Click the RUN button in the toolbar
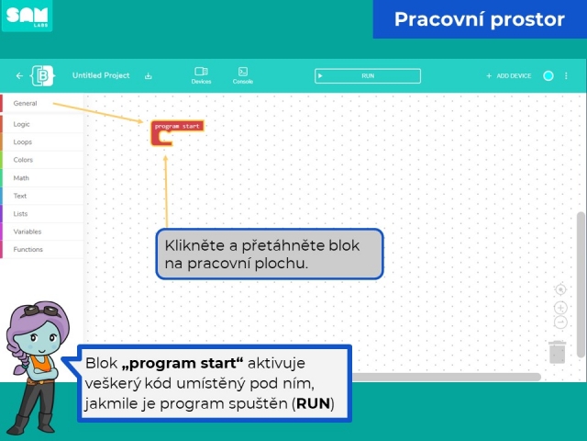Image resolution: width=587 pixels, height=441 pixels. (368, 75)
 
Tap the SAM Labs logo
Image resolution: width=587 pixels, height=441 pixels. (27, 16)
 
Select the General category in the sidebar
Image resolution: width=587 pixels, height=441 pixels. (25, 103)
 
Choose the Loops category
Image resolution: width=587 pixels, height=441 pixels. (22, 142)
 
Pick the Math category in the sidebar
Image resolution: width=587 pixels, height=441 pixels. (21, 177)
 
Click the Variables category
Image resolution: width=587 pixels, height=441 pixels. (28, 232)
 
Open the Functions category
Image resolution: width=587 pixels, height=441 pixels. (28, 249)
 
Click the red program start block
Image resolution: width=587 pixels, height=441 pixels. (177, 127)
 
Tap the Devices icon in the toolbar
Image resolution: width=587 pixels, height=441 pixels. (201, 75)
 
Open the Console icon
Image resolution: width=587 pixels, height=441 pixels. (242, 75)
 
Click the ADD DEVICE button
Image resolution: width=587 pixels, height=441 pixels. (508, 75)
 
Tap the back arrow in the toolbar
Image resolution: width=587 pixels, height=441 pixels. (19, 75)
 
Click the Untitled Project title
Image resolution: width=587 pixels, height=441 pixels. (101, 75)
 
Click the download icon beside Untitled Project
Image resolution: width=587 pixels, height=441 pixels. (149, 76)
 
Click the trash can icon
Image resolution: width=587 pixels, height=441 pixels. (558, 352)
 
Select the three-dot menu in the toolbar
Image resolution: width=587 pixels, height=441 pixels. (566, 75)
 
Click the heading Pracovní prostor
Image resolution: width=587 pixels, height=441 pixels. (479, 19)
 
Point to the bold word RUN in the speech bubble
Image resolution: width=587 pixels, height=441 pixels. (313, 403)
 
